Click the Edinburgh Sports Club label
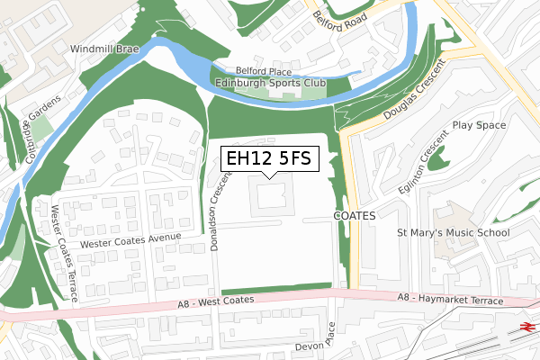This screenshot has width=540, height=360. pos(270,84)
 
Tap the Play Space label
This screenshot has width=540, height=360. pos(479,125)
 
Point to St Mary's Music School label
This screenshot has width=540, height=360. pos(454,233)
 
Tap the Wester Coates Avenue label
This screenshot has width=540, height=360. pos(130,240)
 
